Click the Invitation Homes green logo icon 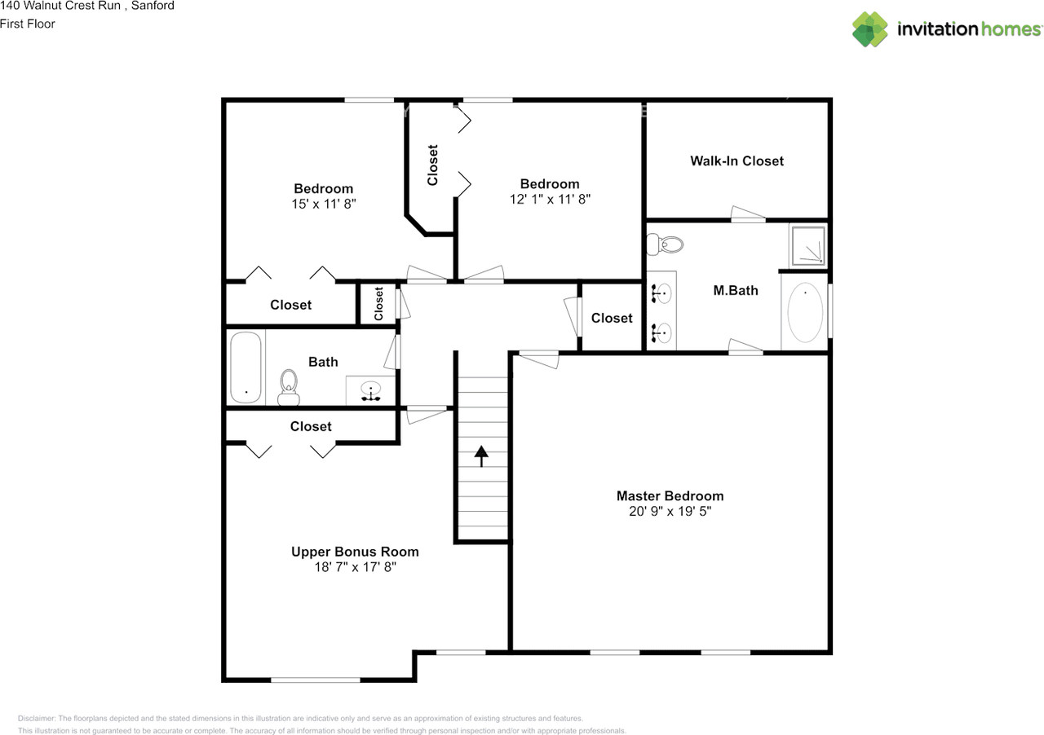pos(869,29)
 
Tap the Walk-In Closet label pos(737,161)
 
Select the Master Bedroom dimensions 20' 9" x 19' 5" pos(670,512)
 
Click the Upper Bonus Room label pos(355,552)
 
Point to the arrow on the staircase pos(481,456)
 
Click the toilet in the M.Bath pos(665,244)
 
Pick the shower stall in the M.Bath pos(808,245)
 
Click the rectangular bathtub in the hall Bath pos(246,367)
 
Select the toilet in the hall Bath pos(289,388)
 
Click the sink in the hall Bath pos(371,390)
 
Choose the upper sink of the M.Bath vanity pos(661,293)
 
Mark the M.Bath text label pos(736,291)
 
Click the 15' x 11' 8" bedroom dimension pos(324,204)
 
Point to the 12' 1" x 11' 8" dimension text pos(550,200)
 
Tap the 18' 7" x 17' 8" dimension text pos(355,567)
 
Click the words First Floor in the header pos(28,24)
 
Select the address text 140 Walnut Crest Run pos(60,6)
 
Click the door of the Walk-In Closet pos(748,215)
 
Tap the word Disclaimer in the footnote pos(37,718)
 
